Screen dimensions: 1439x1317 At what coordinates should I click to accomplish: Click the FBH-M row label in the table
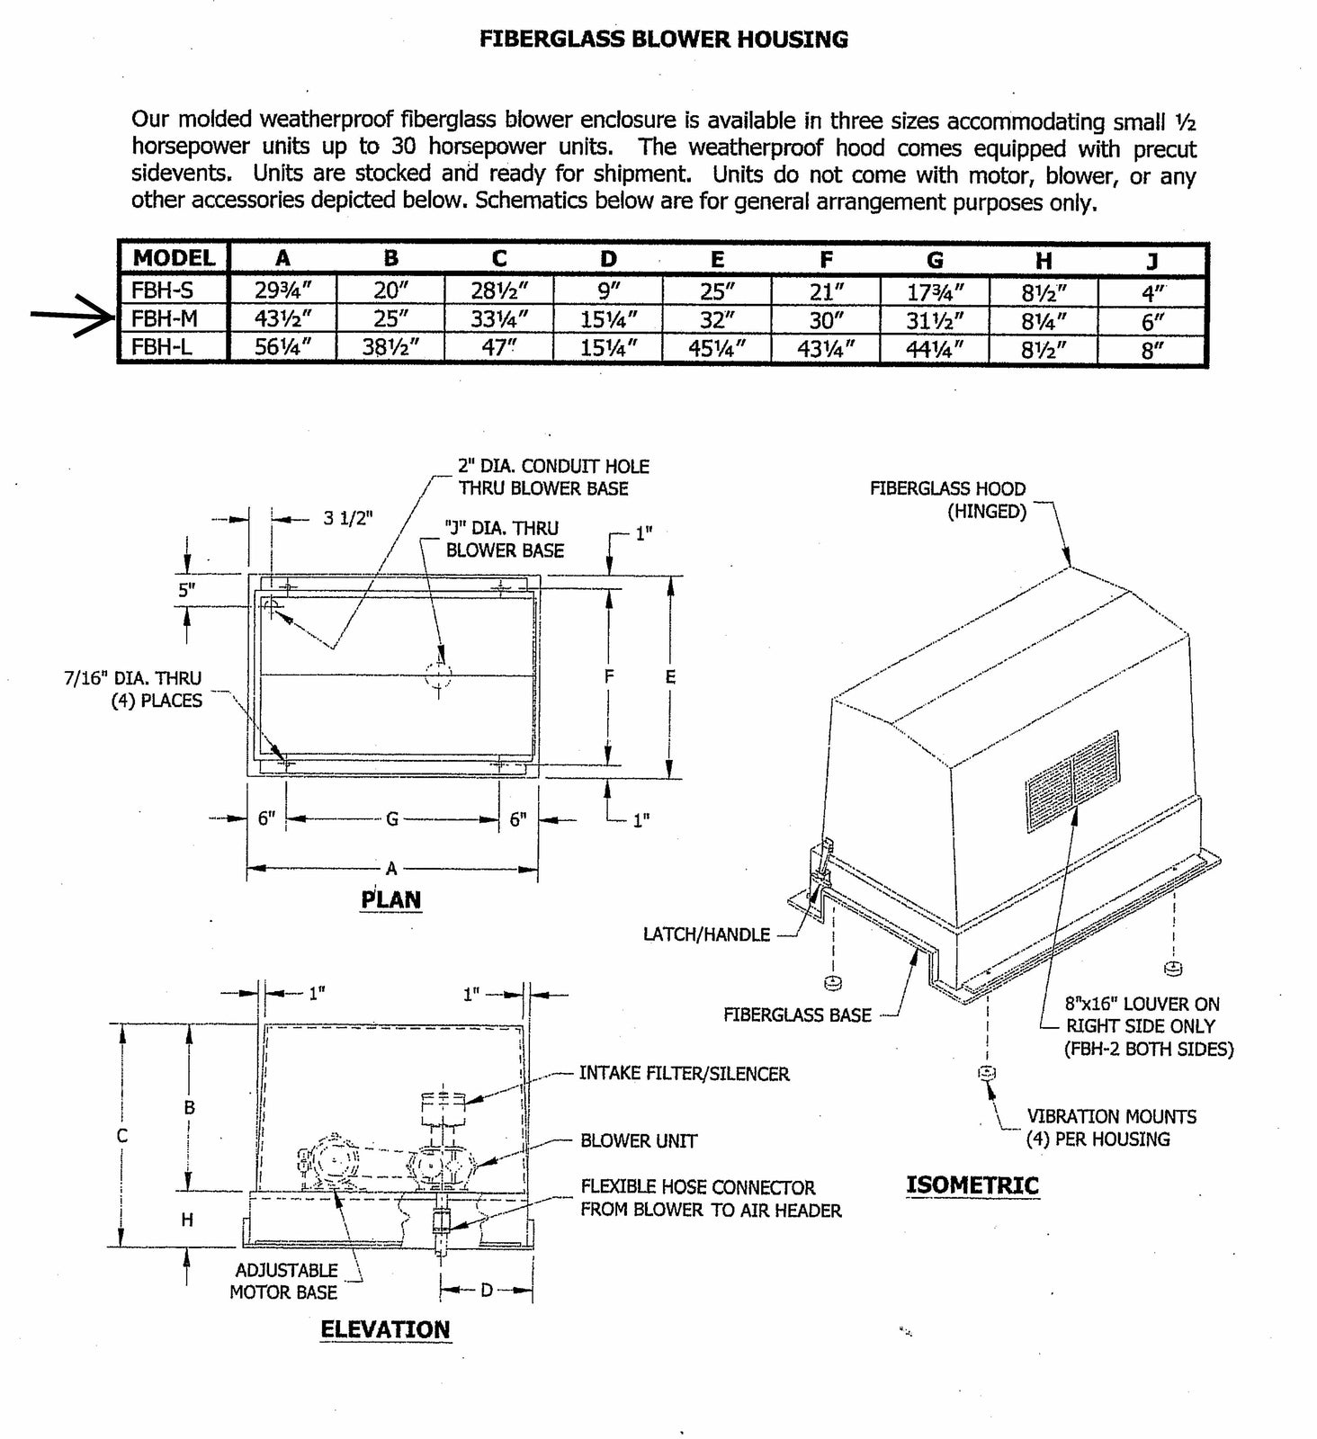point(164,318)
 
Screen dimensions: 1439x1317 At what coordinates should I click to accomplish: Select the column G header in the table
point(935,259)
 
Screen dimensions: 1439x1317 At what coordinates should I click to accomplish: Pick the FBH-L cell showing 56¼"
point(282,348)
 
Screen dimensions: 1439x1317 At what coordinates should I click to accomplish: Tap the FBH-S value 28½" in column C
point(498,290)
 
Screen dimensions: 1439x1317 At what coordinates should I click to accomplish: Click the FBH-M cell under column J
point(1152,320)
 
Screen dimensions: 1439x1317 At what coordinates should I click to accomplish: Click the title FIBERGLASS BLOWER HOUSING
point(664,39)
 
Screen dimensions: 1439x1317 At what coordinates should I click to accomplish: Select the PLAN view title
point(391,899)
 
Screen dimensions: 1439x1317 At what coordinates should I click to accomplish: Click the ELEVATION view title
point(385,1329)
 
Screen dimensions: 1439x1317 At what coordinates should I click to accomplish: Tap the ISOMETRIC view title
point(972,1184)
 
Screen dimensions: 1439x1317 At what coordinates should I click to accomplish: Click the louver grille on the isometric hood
point(1072,781)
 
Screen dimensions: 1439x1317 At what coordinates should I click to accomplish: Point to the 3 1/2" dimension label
point(347,519)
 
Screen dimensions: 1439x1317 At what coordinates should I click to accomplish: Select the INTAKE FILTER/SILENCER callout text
point(684,1073)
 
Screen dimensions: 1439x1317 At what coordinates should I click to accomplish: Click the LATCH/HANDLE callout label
point(706,934)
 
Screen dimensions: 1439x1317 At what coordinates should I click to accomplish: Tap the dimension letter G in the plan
point(392,819)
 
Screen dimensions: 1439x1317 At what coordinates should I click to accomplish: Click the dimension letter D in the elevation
point(486,1291)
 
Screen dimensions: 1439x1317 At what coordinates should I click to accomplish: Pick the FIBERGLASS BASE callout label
point(797,1014)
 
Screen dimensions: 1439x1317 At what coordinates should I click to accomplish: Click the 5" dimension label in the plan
point(186,591)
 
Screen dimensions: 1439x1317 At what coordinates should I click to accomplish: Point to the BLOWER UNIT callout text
point(639,1140)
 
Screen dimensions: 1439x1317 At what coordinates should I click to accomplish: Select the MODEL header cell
point(174,258)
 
